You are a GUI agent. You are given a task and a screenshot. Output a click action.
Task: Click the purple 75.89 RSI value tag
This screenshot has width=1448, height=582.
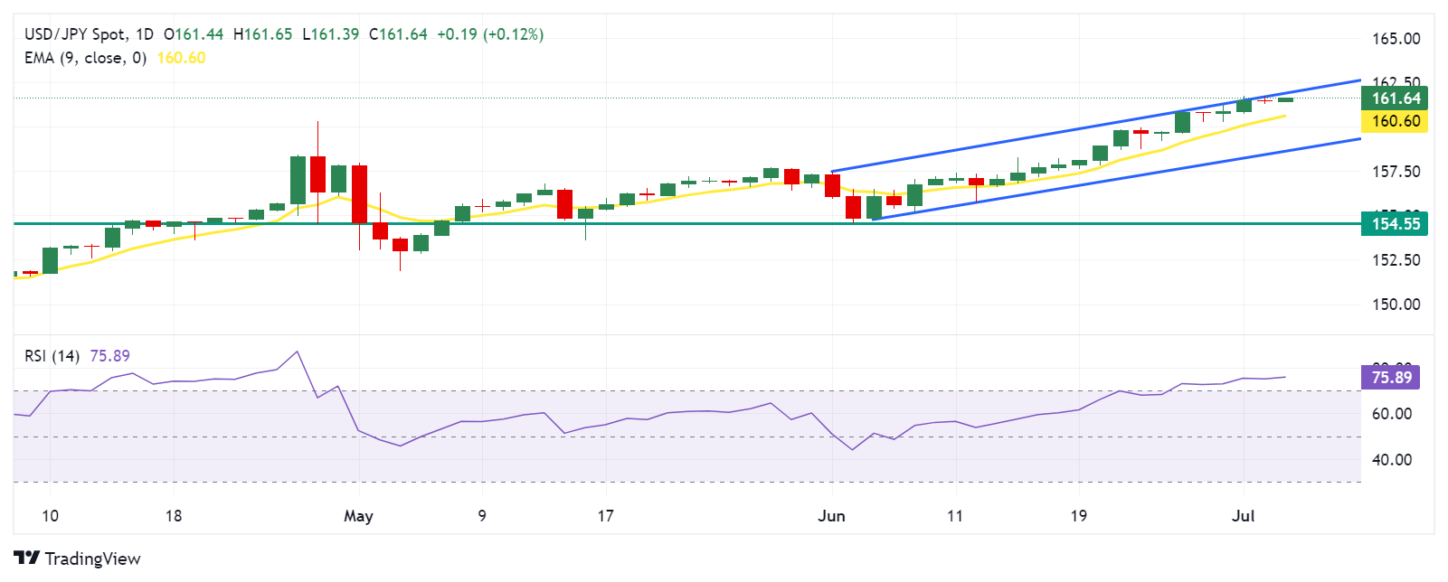1390,377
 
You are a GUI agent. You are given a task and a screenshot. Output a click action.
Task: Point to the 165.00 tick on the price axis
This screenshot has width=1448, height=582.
1396,39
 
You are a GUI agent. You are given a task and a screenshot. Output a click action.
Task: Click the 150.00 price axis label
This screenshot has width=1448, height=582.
1396,304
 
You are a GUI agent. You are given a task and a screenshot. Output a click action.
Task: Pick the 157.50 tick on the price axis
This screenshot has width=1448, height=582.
1396,172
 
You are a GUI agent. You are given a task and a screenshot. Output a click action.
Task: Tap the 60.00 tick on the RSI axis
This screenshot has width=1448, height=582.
1391,414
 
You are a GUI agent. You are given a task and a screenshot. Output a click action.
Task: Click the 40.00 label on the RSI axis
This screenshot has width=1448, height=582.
1391,460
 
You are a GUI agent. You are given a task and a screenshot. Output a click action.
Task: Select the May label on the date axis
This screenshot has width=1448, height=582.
358,516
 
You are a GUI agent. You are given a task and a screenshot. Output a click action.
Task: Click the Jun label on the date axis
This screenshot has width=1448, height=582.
831,516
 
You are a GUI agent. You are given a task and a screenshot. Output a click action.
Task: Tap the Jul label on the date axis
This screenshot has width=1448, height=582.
1244,516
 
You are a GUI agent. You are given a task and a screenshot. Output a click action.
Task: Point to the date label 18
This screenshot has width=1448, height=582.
174,516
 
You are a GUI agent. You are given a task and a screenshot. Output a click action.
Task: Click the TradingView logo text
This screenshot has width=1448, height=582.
92,559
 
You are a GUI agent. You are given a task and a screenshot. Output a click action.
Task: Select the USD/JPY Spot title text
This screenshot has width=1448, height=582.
75,34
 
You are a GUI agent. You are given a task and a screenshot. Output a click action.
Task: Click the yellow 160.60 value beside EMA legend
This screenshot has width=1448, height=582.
181,58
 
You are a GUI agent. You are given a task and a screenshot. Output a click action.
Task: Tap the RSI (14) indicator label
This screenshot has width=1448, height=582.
52,356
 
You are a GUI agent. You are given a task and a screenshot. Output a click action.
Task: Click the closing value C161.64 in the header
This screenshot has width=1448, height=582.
398,34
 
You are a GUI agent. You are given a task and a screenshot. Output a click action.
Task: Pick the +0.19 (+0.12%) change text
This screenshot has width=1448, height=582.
490,34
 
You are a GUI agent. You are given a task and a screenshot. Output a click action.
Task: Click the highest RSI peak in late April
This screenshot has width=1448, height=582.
297,352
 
